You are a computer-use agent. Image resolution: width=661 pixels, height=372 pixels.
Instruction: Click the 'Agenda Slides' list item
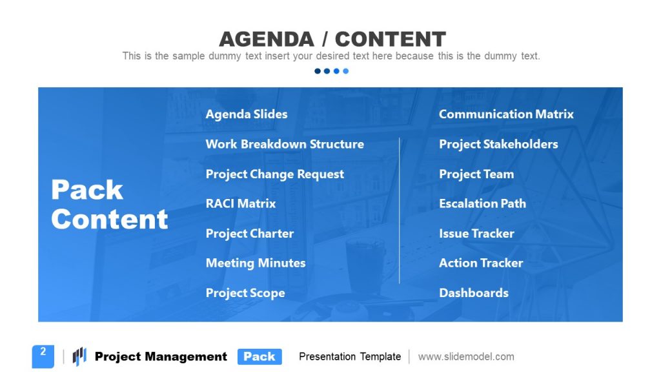click(247, 114)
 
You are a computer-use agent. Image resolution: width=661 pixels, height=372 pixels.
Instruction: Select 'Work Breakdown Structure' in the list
click(285, 144)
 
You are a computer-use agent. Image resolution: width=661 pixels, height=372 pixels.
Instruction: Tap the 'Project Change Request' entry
click(274, 174)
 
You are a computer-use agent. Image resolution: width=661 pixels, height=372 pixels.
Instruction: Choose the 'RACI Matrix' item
click(241, 203)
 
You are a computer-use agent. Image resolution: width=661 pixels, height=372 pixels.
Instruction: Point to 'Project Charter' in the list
click(249, 233)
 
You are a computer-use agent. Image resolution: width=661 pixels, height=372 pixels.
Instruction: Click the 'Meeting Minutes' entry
click(256, 263)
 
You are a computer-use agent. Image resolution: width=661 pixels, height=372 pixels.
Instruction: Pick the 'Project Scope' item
click(245, 293)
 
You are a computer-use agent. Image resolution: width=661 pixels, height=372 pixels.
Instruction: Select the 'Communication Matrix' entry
click(506, 114)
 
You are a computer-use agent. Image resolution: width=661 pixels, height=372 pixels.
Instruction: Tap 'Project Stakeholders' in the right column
click(498, 144)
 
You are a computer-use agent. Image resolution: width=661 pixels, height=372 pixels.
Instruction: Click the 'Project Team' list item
click(476, 174)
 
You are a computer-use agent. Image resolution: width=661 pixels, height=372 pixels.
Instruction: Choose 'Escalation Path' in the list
click(482, 203)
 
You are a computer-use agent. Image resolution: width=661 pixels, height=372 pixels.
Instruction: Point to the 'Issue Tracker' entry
click(476, 233)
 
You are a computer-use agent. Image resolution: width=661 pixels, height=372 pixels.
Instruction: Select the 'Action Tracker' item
click(481, 263)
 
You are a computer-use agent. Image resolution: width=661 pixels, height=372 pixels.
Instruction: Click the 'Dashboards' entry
click(474, 293)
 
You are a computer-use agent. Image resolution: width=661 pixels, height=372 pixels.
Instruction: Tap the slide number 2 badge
click(43, 355)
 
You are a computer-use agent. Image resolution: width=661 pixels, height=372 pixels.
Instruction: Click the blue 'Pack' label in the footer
click(259, 356)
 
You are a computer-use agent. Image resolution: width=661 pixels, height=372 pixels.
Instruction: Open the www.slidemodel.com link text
click(466, 356)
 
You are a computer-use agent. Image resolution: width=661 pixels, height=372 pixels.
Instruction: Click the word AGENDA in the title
click(266, 39)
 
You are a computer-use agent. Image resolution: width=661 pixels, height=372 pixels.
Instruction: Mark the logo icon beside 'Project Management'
click(79, 356)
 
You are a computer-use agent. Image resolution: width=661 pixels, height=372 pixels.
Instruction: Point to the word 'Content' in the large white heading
click(110, 220)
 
